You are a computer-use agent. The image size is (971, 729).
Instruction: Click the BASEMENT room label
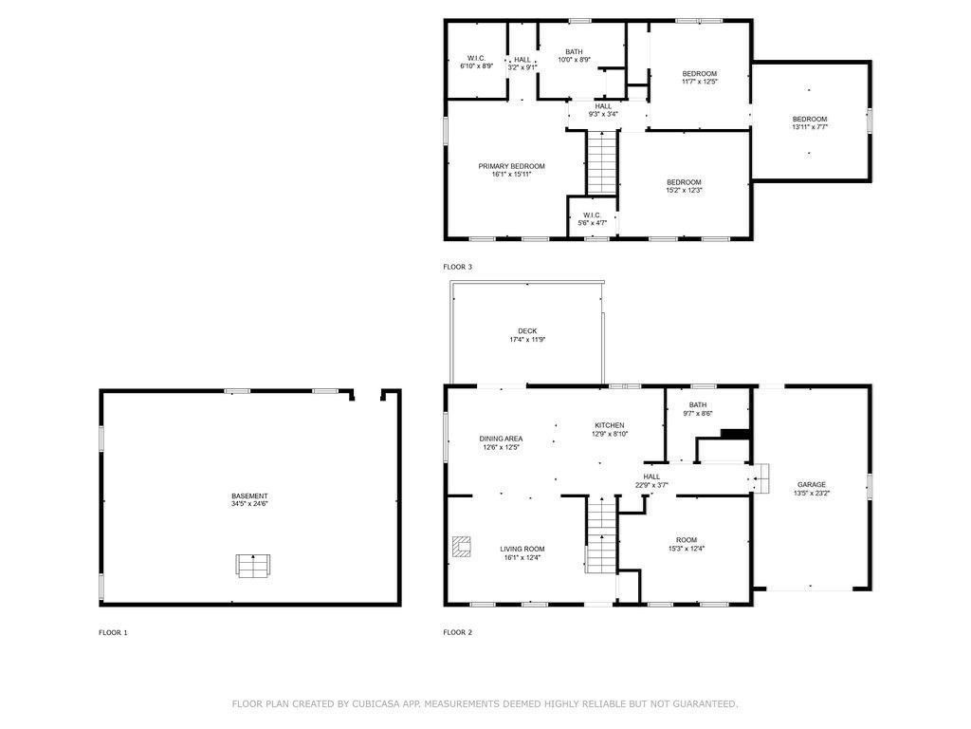click(249, 495)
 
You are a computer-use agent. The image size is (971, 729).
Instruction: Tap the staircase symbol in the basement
click(252, 566)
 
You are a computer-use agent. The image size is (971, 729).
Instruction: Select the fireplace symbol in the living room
click(462, 546)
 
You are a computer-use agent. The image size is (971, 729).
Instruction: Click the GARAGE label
click(812, 485)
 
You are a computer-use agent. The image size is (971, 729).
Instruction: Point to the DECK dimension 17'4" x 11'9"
click(527, 340)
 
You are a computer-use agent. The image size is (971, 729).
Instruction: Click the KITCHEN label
click(610, 425)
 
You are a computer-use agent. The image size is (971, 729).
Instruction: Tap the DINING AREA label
click(501, 439)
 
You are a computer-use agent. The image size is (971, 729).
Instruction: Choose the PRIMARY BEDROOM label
click(511, 166)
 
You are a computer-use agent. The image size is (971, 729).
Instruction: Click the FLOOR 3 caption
click(458, 267)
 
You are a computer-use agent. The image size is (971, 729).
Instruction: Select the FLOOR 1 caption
click(113, 633)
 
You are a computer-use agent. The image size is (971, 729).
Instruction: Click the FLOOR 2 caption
click(458, 633)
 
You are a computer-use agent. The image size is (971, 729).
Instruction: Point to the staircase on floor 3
click(602, 162)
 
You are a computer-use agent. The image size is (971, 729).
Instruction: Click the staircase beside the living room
click(602, 535)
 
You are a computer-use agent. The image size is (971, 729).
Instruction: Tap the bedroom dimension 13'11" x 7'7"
click(810, 127)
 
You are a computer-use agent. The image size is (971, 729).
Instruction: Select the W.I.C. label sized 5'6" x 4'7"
click(592, 215)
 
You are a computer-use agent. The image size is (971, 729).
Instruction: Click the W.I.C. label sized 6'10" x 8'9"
click(476, 58)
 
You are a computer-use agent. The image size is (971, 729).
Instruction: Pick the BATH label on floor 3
click(574, 52)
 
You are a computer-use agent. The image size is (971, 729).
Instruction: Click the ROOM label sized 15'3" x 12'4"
click(687, 540)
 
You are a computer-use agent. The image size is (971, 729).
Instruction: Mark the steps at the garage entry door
click(761, 478)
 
